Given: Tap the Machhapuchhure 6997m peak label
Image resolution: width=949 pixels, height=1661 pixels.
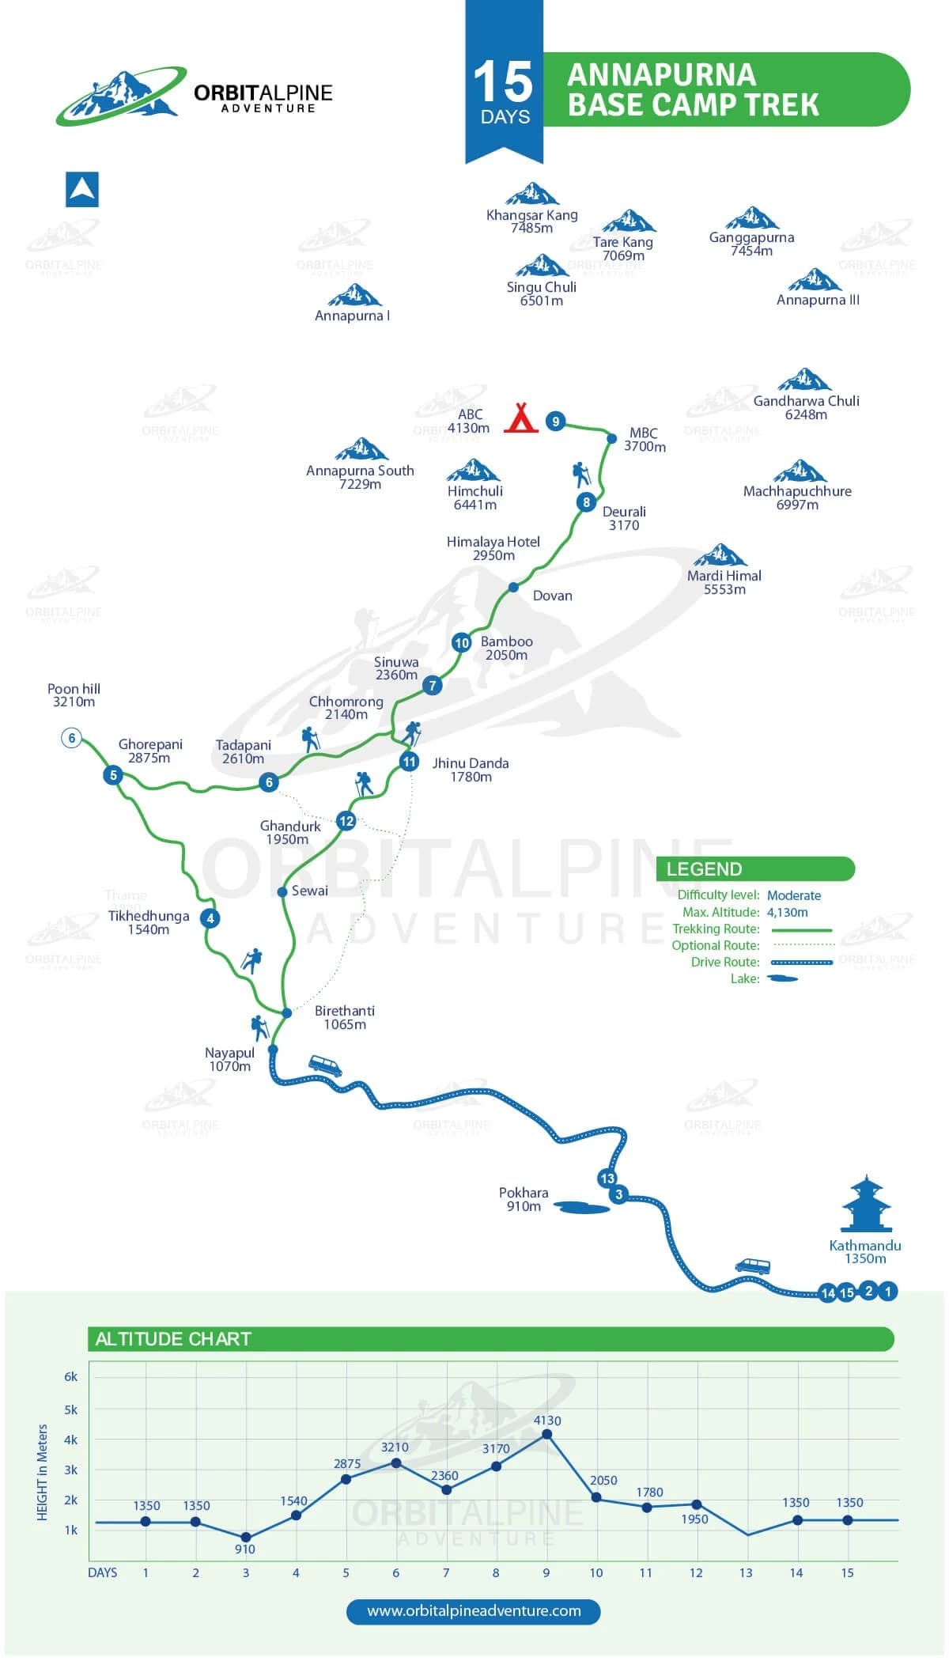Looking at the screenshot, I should tap(797, 498).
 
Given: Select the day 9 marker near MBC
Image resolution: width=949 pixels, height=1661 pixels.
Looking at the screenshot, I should tap(556, 422).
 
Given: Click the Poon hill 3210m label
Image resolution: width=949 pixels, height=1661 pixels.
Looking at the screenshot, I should tap(74, 695).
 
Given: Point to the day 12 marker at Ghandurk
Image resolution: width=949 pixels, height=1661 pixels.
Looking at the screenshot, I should tap(346, 821).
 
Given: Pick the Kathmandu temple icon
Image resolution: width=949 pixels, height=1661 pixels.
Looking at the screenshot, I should tap(866, 1205).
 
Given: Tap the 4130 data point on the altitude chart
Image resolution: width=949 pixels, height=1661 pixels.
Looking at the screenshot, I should tap(546, 1433).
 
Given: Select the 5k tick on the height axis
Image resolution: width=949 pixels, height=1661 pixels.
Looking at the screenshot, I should tap(71, 1409).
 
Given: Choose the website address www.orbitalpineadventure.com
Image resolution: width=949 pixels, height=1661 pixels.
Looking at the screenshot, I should tap(474, 1610).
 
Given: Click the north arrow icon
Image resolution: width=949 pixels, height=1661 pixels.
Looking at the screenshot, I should tap(82, 190).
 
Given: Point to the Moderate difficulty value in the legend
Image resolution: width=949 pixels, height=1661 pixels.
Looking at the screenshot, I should tap(794, 895).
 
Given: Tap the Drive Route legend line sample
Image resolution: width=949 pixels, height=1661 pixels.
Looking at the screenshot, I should tap(802, 963).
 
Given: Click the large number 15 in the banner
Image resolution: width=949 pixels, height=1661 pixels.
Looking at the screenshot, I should tap(503, 82).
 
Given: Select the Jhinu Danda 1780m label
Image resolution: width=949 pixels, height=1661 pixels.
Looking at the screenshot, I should tap(471, 770).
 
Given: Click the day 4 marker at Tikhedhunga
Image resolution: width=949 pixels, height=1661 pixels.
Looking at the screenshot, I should tap(210, 918).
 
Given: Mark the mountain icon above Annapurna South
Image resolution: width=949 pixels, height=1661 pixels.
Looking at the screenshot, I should tap(361, 449).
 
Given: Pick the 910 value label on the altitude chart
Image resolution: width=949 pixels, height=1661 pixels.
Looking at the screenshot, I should tap(245, 1549).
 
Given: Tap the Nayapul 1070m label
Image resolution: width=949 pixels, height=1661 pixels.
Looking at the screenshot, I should tap(230, 1059).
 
